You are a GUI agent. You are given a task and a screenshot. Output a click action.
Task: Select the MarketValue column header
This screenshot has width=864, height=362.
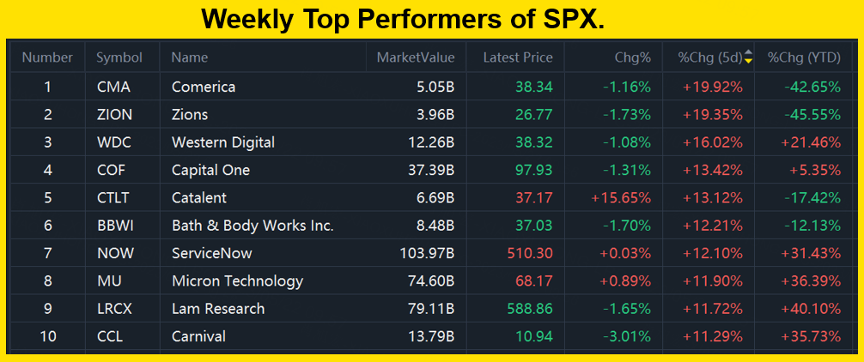[x=416, y=58]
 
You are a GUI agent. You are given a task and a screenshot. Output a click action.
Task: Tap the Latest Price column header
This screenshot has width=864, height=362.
[x=518, y=58]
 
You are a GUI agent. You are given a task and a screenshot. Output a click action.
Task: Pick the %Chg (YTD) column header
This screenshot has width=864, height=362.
[x=804, y=58]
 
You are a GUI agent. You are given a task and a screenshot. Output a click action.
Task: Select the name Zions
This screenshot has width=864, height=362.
[x=190, y=114]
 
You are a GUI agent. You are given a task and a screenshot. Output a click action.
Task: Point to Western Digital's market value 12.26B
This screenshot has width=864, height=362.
[x=429, y=142]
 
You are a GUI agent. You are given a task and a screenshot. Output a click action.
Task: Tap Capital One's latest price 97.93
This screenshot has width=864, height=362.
[x=534, y=170]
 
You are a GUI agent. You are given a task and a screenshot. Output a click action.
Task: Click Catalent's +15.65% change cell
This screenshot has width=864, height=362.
[x=621, y=197]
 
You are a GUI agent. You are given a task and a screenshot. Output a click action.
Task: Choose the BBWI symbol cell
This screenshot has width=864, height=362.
[x=115, y=226]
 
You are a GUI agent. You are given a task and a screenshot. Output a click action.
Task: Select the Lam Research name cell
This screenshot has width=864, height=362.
[x=218, y=309]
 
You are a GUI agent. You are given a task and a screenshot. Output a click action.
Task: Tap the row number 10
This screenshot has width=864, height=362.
[x=48, y=336]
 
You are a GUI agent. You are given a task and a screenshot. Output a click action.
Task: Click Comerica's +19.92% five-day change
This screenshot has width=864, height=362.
[x=712, y=87]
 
